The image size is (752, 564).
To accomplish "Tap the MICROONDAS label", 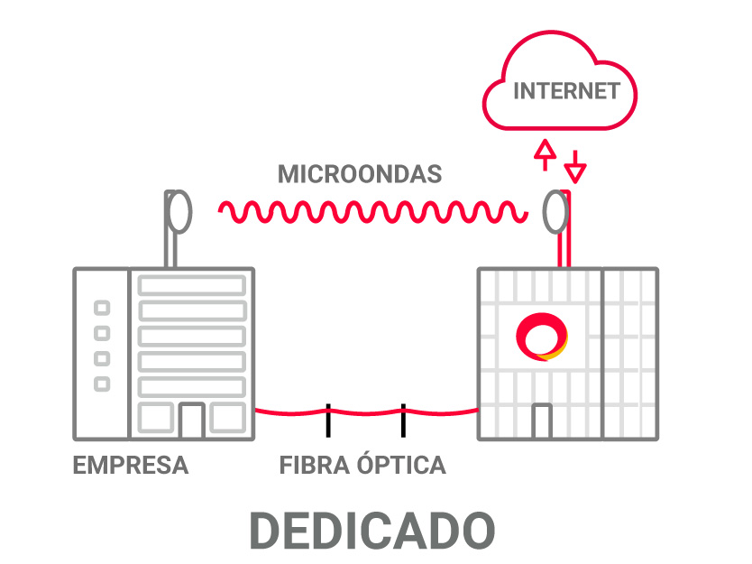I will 359,174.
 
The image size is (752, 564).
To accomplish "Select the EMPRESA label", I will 131,466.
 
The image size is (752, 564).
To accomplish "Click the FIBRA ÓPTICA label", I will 362,466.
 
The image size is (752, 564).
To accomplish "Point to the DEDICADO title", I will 372,531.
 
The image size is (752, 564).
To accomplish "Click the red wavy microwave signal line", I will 372,212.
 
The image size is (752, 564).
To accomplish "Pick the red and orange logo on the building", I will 541,336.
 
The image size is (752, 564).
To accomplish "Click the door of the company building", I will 191,420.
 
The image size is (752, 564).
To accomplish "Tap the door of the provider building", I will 541,421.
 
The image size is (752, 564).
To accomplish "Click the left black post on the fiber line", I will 328,420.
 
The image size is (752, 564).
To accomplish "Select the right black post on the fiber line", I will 403,420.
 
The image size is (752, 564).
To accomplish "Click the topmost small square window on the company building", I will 103,308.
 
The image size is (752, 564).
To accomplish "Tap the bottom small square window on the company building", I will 103,384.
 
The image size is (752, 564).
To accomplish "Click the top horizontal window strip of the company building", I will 191,285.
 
